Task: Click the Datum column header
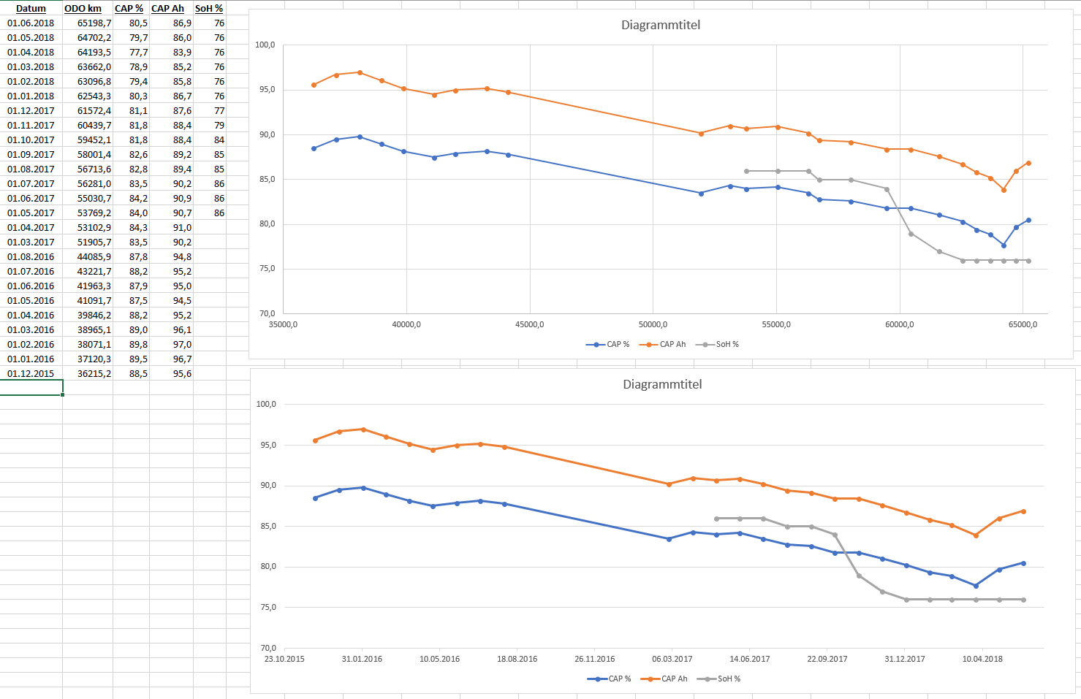pyautogui.click(x=31, y=9)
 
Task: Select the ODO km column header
pyautogui.click(x=83, y=9)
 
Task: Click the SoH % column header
pyautogui.click(x=209, y=9)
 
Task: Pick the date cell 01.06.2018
pyautogui.click(x=31, y=23)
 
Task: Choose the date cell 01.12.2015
pyautogui.click(x=31, y=374)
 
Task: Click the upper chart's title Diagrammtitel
pyautogui.click(x=661, y=25)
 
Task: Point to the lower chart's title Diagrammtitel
pyautogui.click(x=662, y=384)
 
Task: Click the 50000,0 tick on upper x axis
pyautogui.click(x=653, y=324)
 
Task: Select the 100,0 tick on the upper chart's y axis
pyautogui.click(x=265, y=45)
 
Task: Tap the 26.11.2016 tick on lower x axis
pyautogui.click(x=595, y=659)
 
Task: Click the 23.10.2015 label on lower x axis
pyautogui.click(x=284, y=659)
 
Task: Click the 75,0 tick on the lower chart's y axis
pyautogui.click(x=268, y=608)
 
